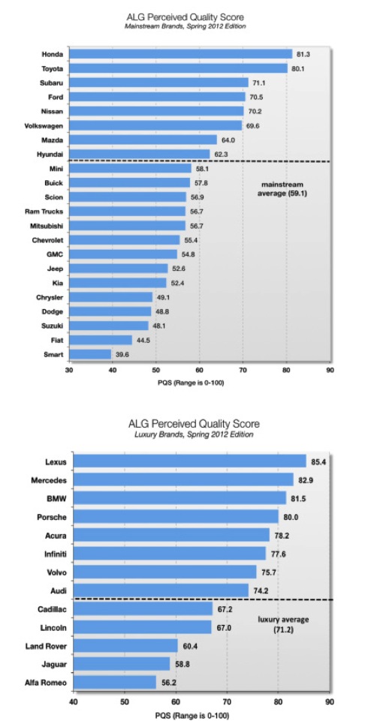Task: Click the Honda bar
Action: [180, 54]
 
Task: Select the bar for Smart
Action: [90, 355]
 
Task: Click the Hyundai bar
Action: [140, 155]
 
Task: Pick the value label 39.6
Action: [122, 355]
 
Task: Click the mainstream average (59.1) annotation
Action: [282, 189]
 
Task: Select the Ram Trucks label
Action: [44, 212]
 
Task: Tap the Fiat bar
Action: [101, 341]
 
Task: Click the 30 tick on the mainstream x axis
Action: [69, 370]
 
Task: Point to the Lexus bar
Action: [189, 461]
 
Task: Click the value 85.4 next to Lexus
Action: [318, 461]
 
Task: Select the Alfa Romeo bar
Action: [115, 683]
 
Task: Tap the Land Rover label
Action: [46, 646]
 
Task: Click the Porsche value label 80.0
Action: [291, 517]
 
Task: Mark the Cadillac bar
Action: [143, 608]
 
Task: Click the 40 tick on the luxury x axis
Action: [73, 701]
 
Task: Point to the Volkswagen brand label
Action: [44, 125]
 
